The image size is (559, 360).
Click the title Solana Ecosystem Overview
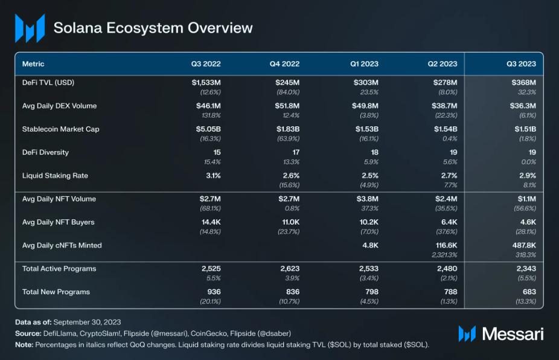[153, 28]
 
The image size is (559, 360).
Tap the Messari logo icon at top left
[30, 28]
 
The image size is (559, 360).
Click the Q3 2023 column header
[521, 63]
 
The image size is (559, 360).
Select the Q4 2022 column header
[284, 63]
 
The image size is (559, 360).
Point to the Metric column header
[33, 63]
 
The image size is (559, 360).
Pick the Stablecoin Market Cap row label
[60, 129]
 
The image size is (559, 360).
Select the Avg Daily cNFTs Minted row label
[62, 245]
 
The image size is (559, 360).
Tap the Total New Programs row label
[56, 292]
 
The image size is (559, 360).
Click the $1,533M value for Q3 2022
[207, 82]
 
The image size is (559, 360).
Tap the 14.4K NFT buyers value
[212, 222]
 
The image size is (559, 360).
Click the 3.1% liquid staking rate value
[214, 175]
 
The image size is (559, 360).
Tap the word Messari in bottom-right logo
[513, 333]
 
